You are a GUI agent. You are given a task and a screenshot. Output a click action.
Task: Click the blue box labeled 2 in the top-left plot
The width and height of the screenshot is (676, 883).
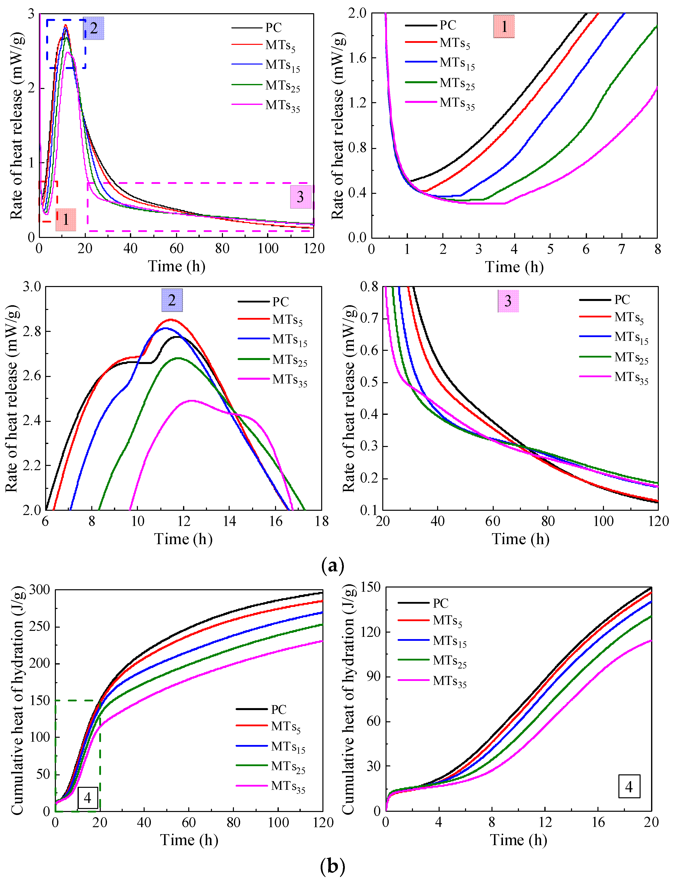pos(93,28)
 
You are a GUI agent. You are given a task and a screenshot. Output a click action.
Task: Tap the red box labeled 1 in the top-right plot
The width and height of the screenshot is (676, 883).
pos(504,27)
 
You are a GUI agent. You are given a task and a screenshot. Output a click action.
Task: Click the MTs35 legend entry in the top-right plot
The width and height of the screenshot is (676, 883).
pos(457,103)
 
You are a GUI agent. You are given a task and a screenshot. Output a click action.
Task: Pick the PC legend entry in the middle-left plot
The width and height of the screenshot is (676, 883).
pos(281,301)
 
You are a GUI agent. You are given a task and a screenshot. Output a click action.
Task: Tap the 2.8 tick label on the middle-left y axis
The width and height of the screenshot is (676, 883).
pos(32,332)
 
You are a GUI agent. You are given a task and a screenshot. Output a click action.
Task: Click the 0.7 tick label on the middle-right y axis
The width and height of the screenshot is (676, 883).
pos(369,318)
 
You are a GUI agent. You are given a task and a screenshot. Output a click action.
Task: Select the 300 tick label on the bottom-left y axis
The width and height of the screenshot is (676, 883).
pos(39,590)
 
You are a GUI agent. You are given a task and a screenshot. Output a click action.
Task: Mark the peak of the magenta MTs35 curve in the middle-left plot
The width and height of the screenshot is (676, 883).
pos(191,400)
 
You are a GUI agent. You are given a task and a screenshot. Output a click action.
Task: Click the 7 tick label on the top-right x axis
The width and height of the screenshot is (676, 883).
pos(622,250)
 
